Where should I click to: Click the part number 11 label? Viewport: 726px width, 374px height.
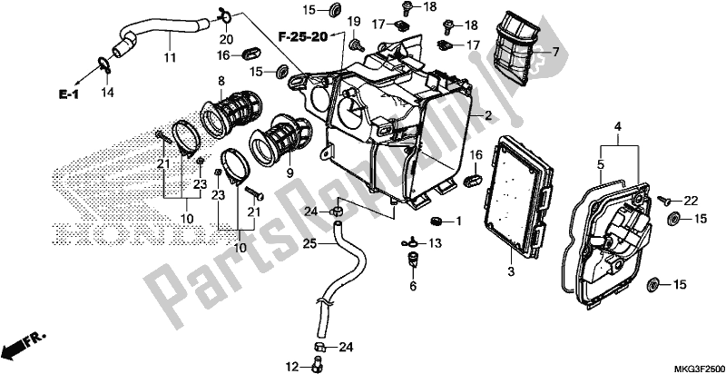click(168, 58)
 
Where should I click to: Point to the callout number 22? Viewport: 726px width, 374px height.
click(690, 200)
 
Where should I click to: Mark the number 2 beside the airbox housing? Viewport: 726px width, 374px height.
click(487, 115)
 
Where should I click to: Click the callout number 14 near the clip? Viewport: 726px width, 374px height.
click(108, 93)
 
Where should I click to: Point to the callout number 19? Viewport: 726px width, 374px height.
click(353, 21)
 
